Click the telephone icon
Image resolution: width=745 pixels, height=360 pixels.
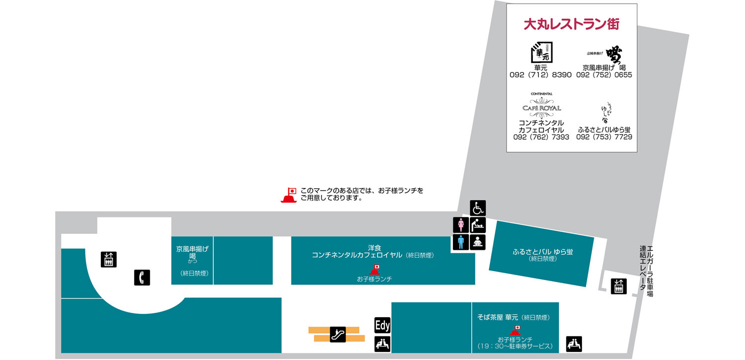click(x=142, y=277)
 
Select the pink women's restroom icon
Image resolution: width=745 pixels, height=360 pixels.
click(x=460, y=225)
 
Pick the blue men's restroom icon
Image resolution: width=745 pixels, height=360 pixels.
click(x=460, y=242)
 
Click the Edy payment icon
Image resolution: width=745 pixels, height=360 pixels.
click(x=382, y=325)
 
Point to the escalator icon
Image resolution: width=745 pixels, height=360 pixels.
click(x=338, y=334)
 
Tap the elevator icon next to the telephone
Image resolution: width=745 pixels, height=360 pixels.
click(x=109, y=259)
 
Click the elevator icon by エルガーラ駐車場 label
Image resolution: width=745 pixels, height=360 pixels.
click(x=618, y=286)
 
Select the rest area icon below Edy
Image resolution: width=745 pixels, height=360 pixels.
click(x=382, y=344)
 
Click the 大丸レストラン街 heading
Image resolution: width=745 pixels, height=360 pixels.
click(x=571, y=24)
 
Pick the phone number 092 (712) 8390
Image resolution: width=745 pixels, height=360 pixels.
click(x=540, y=75)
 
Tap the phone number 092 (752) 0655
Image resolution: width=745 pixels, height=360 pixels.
click(x=604, y=75)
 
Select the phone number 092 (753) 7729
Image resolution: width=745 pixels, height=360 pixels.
click(x=604, y=137)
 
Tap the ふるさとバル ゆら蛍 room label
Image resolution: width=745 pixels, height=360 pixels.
click(x=543, y=252)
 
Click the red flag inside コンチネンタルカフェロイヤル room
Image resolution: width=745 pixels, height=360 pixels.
click(x=375, y=270)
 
